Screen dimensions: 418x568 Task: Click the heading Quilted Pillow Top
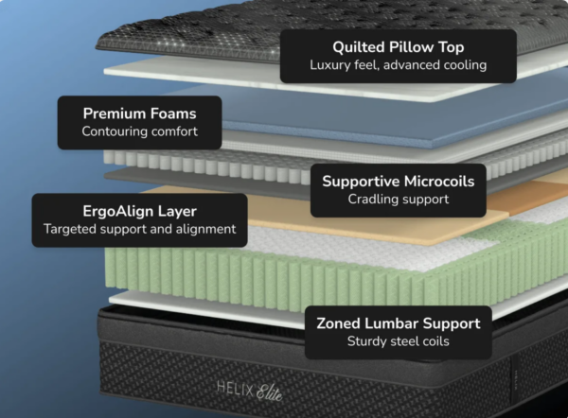tap(399, 46)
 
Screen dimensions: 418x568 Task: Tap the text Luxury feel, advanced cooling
tap(399, 65)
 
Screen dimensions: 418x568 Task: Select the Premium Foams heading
tap(139, 113)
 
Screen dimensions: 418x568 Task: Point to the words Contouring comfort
tap(139, 131)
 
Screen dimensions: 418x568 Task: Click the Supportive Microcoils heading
tap(398, 181)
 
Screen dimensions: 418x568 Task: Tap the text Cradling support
tap(398, 200)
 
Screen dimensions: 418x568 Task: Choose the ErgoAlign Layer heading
tap(139, 211)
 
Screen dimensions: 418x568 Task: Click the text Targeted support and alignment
tap(139, 230)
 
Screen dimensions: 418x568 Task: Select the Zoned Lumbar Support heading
tap(399, 323)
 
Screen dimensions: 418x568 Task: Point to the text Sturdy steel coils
tap(399, 342)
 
